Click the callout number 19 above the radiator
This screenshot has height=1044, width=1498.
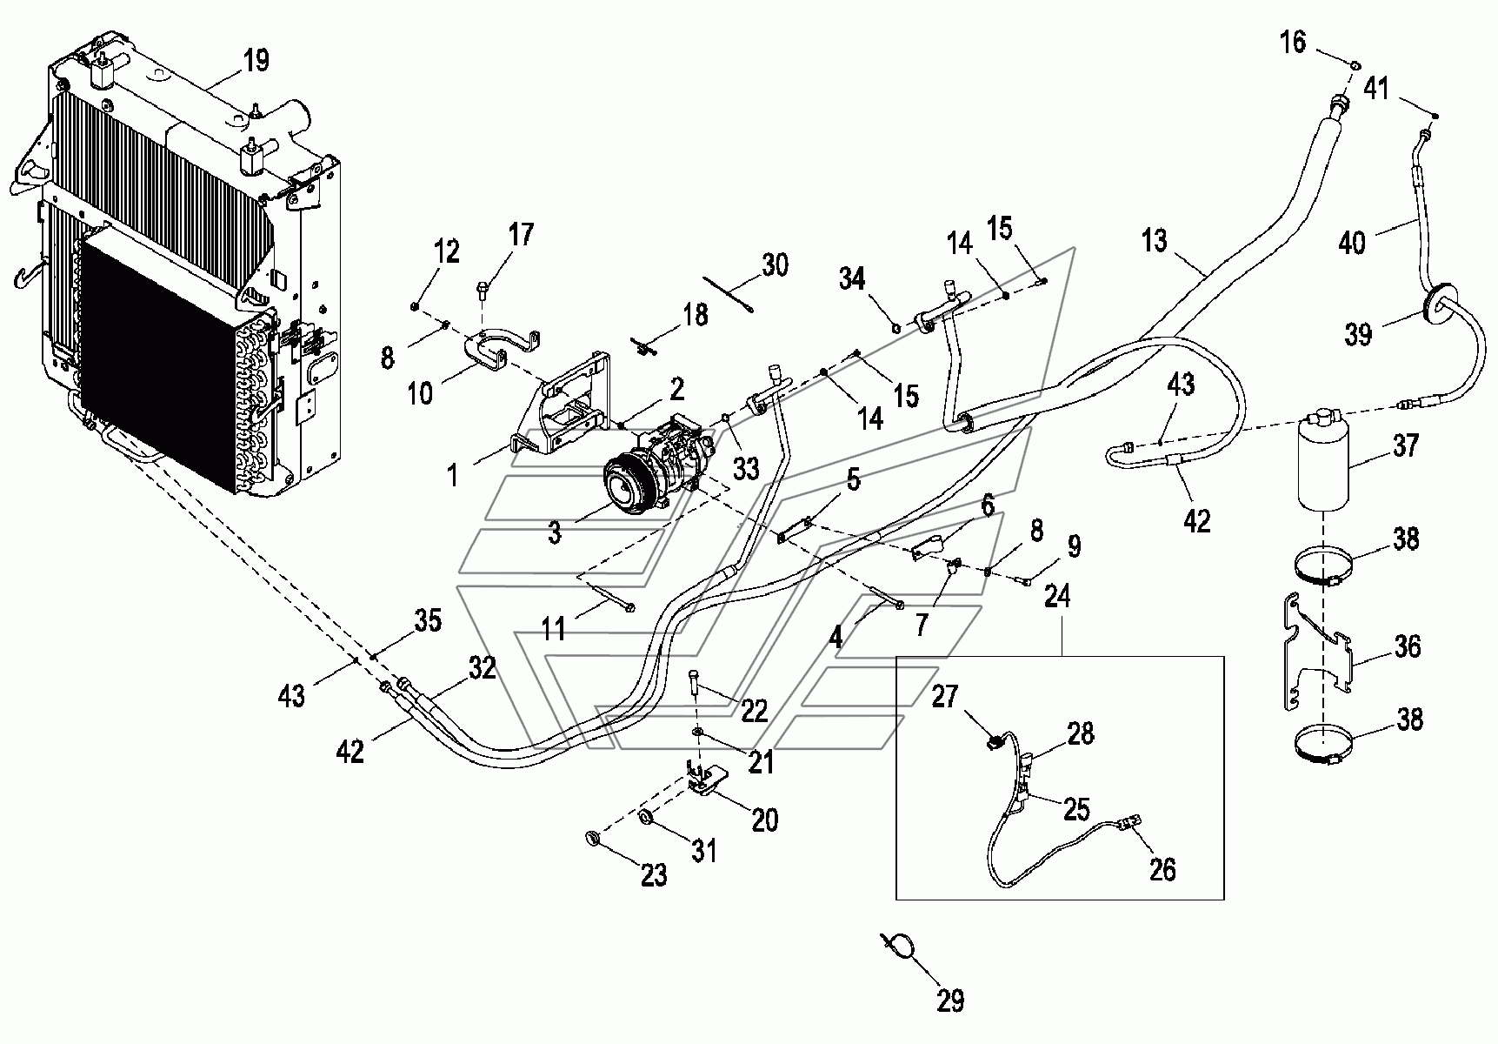pos(256,60)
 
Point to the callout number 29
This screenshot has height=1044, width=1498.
pos(951,1000)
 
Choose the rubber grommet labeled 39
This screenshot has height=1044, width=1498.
pos(1440,309)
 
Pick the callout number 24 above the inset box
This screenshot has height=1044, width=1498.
pos(1058,598)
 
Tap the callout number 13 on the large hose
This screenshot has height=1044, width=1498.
pos(1154,240)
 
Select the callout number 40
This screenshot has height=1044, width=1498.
pos(1351,242)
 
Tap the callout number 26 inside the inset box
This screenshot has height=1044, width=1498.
pos(1162,869)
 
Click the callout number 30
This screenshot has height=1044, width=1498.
pos(774,264)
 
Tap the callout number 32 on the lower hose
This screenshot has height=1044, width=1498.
pos(482,668)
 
